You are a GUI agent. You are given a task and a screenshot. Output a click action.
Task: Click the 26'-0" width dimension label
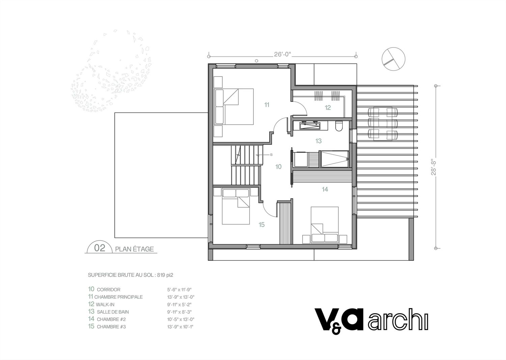[x=282, y=54]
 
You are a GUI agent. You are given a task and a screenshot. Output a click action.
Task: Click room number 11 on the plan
[x=267, y=105]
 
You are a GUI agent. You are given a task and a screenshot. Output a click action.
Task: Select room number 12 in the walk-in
[x=328, y=108]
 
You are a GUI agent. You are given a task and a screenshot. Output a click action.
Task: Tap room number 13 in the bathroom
[x=318, y=141]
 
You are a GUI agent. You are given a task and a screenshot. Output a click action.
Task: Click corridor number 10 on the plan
[x=278, y=167]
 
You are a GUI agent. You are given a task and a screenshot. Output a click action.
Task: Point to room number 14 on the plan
[x=325, y=189]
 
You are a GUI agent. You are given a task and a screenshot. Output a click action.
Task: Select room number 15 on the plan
[x=261, y=224]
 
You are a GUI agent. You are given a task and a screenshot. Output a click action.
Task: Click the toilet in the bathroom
[x=339, y=126]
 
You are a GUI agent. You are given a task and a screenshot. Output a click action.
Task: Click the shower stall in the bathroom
[x=335, y=159]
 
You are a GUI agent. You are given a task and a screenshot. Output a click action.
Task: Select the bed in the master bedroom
[x=234, y=107]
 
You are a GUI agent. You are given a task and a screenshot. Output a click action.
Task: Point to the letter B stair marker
[x=271, y=155]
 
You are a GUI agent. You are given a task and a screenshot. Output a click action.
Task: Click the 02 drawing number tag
[x=100, y=248]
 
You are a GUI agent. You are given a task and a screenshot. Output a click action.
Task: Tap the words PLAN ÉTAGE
[x=134, y=249]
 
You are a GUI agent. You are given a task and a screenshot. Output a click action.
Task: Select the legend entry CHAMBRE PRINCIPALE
[x=118, y=297]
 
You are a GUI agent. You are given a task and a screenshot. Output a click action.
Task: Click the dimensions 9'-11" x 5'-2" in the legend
[x=179, y=304]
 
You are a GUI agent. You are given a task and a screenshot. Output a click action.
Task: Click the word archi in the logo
[x=398, y=322]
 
